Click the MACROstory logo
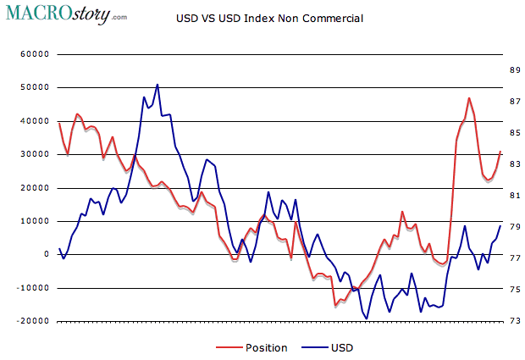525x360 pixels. point(65,14)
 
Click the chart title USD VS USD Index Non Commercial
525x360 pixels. point(268,18)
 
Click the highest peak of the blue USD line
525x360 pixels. point(157,85)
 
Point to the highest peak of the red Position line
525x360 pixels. point(468,98)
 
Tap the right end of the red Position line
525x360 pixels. point(500,152)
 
